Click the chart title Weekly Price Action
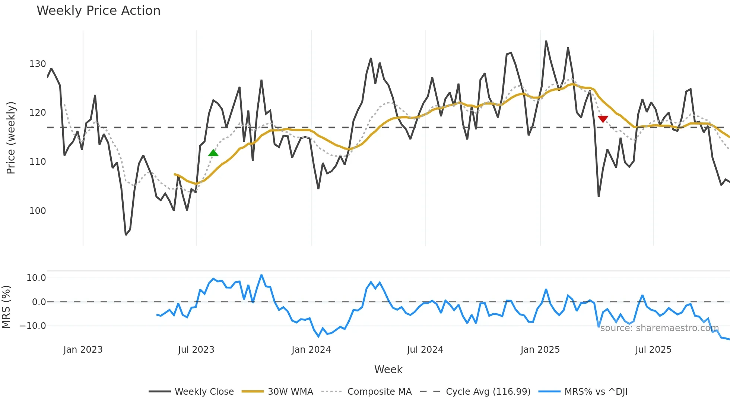pos(98,10)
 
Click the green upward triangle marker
pos(213,153)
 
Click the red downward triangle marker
pos(603,119)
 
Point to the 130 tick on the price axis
pos(38,64)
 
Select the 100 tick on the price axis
pos(38,211)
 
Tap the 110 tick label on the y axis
pos(38,162)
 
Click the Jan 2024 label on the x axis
pos(311,350)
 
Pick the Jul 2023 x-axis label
pos(196,350)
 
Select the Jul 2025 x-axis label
pos(653,350)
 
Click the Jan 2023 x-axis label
pos(83,350)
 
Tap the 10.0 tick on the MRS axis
pos(36,278)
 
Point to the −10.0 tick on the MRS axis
pos(33,326)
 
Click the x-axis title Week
pos(388,369)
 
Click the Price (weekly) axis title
pos(11,138)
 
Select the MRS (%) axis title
pos(6,307)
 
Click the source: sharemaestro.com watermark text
pos(659,328)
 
